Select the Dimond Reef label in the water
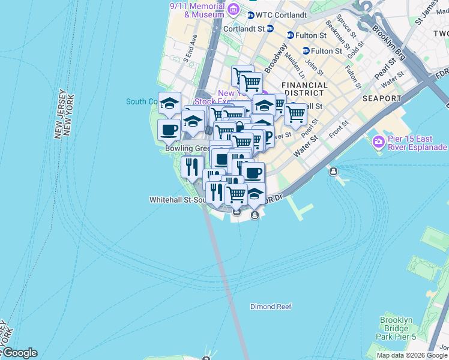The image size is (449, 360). click(271, 307)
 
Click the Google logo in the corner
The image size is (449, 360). click(19, 353)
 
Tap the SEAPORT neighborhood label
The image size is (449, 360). click(382, 98)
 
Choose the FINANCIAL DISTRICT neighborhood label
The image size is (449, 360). click(305, 89)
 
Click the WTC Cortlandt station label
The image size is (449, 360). click(281, 14)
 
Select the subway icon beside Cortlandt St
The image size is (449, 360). click(270, 28)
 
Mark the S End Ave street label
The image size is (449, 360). click(190, 48)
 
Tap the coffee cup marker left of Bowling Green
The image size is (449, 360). click(169, 129)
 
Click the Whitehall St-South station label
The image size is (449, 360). click(176, 199)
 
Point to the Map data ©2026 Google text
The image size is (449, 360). click(412, 355)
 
